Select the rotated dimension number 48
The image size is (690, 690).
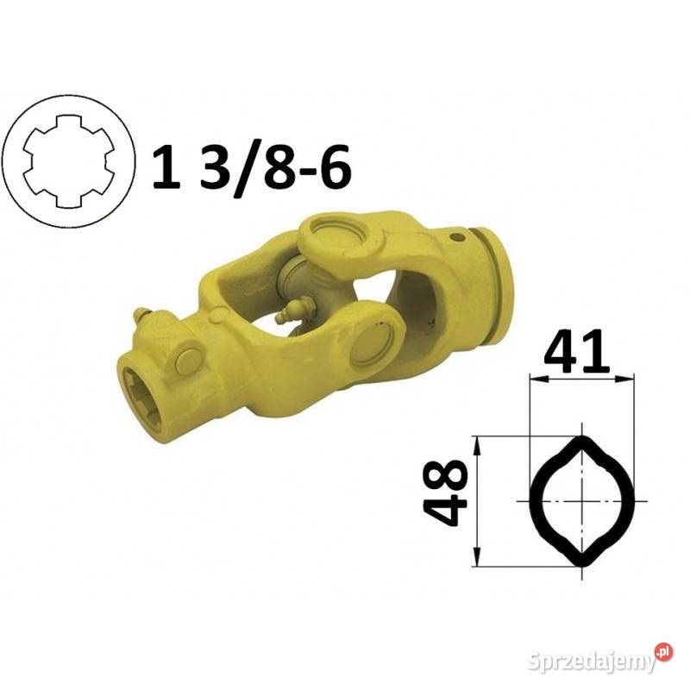445,492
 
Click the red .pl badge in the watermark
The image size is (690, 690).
664,651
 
